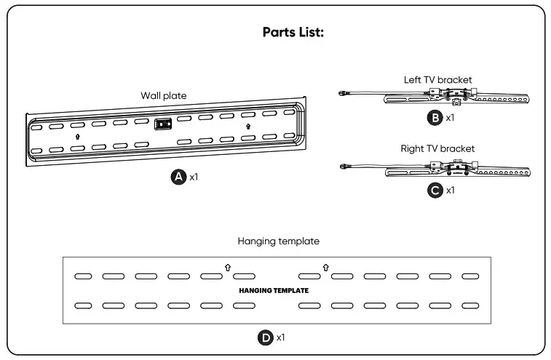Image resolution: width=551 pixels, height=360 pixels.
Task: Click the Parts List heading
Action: click(293, 33)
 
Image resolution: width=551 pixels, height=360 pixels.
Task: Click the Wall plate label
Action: click(164, 95)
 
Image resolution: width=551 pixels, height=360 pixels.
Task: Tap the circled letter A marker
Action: click(177, 177)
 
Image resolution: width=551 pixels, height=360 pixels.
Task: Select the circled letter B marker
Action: click(435, 116)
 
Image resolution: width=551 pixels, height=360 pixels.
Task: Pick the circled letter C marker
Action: click(435, 191)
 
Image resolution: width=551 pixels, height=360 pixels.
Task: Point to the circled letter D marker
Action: click(266, 337)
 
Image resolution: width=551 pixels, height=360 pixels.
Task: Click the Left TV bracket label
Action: click(437, 79)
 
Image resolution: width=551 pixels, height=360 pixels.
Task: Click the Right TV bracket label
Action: click(437, 148)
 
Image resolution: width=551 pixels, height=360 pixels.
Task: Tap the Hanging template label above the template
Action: click(278, 241)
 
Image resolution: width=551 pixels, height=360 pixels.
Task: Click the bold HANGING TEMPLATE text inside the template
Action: click(274, 290)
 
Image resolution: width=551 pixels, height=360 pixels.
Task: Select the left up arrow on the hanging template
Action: click(228, 268)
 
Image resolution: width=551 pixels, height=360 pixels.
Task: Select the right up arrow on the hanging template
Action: click(325, 268)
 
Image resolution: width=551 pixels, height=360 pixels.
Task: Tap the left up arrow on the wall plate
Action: click(77, 136)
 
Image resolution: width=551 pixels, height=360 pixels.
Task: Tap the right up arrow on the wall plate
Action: click(248, 126)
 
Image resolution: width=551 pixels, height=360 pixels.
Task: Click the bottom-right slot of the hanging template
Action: click(470, 305)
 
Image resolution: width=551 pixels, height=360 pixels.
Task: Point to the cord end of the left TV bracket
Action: click(342, 92)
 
